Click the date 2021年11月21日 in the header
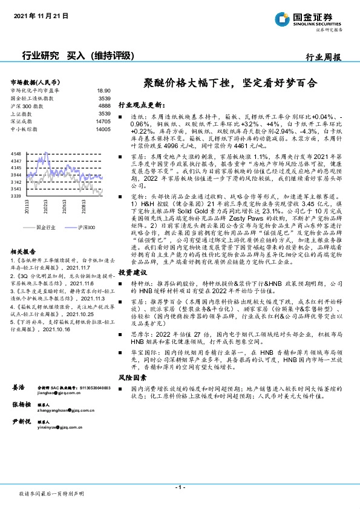pyautogui.click(x=41, y=16)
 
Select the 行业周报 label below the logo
pyautogui.click(x=324, y=57)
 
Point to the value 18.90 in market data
pyautogui.click(x=103, y=90)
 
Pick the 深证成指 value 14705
pyautogui.click(x=103, y=121)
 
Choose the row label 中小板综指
pyautogui.click(x=25, y=129)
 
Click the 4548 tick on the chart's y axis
pyautogui.click(x=16, y=155)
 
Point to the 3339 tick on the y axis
pyautogui.click(x=16, y=196)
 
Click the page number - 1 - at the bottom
pyautogui.click(x=180, y=487)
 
